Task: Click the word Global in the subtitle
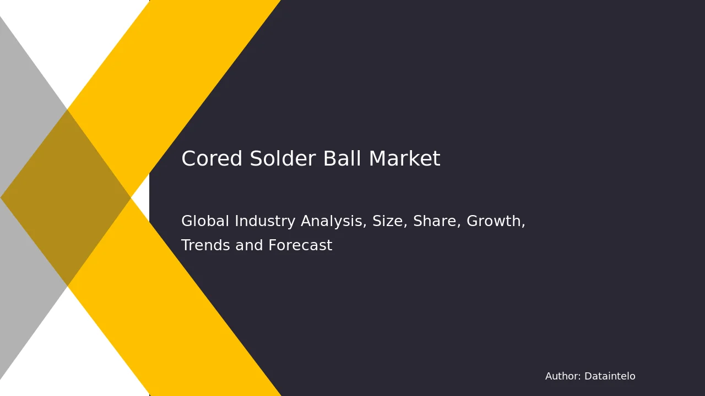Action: (205, 221)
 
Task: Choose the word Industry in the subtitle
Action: (265, 222)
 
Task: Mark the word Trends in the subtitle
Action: (206, 245)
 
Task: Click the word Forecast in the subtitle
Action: (300, 245)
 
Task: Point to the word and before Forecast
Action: (249, 245)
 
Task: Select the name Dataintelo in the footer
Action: (610, 376)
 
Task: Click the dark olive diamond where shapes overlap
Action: (66, 198)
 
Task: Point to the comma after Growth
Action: (523, 226)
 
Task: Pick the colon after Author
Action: (579, 377)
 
